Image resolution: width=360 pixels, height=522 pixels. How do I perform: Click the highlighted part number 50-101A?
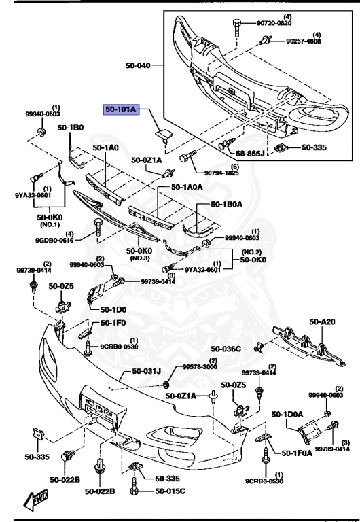pyautogui.click(x=120, y=108)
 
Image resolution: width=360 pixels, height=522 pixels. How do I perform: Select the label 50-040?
pyautogui.click(x=139, y=66)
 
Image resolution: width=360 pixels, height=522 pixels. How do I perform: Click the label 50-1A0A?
pyautogui.click(x=187, y=187)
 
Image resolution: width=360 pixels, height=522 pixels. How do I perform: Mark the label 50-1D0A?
pyautogui.click(x=289, y=413)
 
